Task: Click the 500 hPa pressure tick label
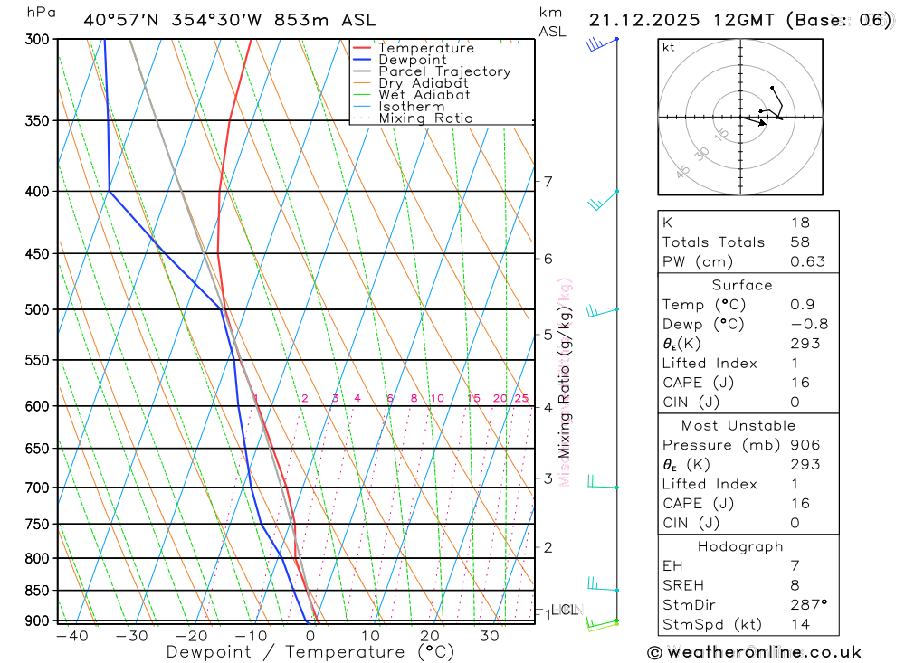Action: click(36, 309)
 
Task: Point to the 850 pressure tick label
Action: click(36, 591)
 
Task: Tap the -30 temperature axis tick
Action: click(132, 636)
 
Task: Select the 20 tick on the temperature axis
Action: click(430, 636)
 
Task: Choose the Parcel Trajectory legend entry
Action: click(444, 71)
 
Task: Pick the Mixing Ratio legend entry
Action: click(425, 118)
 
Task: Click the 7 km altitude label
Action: click(548, 182)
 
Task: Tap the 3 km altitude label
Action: click(548, 478)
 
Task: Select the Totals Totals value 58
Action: click(800, 242)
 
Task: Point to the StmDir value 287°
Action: click(809, 605)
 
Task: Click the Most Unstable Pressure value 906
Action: click(805, 444)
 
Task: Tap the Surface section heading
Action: click(742, 285)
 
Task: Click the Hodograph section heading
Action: click(741, 546)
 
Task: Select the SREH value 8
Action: click(795, 585)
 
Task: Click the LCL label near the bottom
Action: click(565, 611)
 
